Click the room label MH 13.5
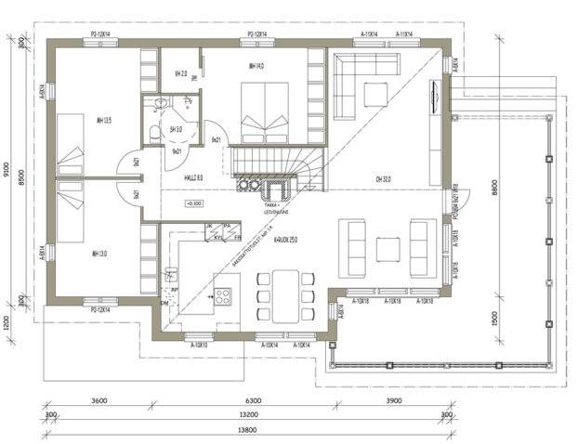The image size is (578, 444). tap(104, 120)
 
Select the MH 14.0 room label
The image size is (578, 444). tap(256, 67)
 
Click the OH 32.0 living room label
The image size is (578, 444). tap(383, 180)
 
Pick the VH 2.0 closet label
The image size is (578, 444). tap(181, 73)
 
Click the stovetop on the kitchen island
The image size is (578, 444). tap(224, 296)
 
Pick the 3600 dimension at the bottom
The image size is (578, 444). tap(100, 401)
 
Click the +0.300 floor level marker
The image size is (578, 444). tap(194, 202)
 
